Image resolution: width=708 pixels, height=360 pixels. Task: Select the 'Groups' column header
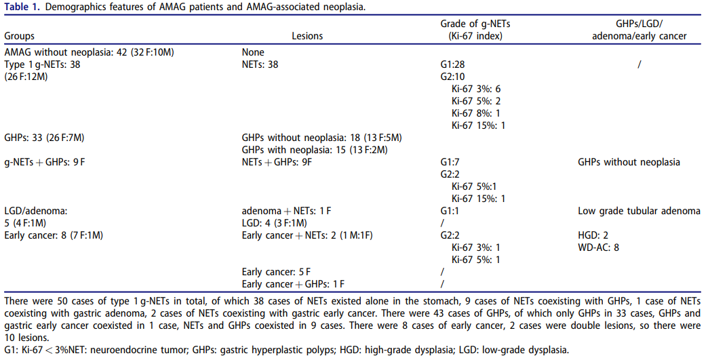pos(20,36)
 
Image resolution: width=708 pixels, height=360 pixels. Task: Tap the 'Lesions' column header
pos(307,36)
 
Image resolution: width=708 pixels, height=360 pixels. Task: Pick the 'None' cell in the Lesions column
pos(253,52)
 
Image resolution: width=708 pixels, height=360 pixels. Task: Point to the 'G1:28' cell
pos(453,64)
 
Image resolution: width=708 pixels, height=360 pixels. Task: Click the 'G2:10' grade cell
pos(453,77)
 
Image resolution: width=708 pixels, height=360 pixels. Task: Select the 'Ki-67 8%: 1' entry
pos(476,113)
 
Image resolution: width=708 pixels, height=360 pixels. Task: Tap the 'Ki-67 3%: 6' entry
pos(476,89)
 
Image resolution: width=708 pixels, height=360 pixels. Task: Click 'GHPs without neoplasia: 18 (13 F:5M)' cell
pos(321,138)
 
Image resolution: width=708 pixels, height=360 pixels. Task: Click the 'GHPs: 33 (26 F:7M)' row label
pos(44,138)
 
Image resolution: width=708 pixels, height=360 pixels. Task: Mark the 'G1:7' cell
pos(450,162)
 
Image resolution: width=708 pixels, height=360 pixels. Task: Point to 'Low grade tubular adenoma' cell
pos(639,211)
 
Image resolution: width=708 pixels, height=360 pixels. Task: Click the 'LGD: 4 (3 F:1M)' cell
pos(274,223)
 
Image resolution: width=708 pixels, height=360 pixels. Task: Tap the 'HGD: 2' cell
pos(593,235)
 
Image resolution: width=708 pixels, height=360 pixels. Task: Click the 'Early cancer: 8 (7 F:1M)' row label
pos(54,235)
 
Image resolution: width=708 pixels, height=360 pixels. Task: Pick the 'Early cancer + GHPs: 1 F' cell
pos(293,284)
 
